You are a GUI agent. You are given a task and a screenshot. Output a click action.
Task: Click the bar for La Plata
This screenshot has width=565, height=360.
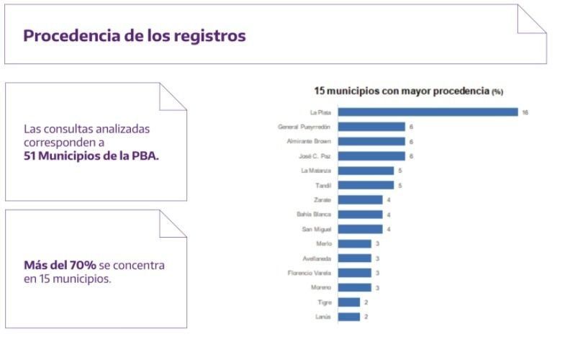click(x=428, y=112)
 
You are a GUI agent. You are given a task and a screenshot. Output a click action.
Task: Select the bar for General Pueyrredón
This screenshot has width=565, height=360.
click(x=371, y=127)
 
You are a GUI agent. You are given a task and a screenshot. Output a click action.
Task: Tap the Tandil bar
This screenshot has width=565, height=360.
click(x=366, y=185)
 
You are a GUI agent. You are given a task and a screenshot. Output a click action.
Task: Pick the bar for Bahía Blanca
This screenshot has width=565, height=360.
click(x=360, y=215)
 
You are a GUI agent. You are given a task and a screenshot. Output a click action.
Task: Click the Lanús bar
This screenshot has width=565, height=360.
click(x=348, y=317)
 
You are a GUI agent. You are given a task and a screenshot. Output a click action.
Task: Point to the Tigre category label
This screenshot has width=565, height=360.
click(x=324, y=302)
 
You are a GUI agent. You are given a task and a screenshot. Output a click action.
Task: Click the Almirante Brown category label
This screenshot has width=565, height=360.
click(x=309, y=141)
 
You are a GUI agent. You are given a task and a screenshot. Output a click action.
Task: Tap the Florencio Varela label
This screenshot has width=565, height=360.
click(x=309, y=273)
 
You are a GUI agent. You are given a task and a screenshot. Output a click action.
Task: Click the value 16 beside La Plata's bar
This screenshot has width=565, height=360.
click(x=525, y=112)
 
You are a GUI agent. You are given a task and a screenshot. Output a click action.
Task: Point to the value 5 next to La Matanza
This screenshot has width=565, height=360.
click(x=399, y=171)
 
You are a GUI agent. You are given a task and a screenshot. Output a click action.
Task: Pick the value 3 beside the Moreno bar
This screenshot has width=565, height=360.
click(x=376, y=288)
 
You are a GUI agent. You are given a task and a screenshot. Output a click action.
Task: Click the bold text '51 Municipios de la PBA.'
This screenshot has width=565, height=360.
click(x=91, y=154)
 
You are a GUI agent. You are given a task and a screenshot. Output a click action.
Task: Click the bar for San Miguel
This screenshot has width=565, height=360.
click(x=360, y=229)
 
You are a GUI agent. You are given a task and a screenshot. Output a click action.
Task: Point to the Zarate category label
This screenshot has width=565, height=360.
click(x=322, y=199)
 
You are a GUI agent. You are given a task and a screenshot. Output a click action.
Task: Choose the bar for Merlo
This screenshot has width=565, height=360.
click(x=354, y=244)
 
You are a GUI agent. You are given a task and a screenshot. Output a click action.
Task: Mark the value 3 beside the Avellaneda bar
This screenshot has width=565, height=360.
click(x=376, y=258)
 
